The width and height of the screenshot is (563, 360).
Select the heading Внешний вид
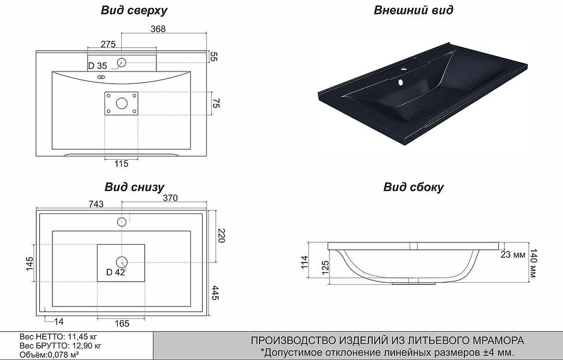tap(413, 10)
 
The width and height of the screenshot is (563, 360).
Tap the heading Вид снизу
tap(134, 187)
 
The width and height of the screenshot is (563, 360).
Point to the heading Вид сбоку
tap(414, 187)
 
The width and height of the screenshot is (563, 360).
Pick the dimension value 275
tap(108, 44)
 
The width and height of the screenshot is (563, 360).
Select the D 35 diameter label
tap(98, 65)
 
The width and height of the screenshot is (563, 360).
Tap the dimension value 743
tap(96, 204)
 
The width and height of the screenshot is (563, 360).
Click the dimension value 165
tap(121, 323)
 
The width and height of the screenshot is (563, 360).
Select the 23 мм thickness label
tap(512, 254)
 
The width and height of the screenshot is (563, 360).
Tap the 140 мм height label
tap(534, 262)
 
